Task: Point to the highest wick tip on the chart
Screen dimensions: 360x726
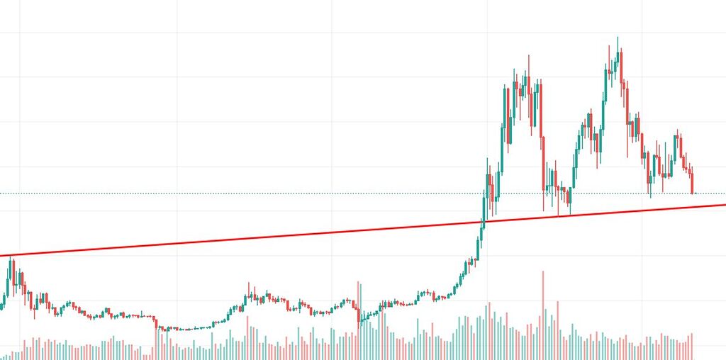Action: tap(618, 38)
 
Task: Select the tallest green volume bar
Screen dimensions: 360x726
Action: tap(487, 330)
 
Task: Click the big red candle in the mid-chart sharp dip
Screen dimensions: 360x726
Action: tap(359, 312)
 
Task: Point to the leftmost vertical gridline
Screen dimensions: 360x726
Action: tap(20, 142)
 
